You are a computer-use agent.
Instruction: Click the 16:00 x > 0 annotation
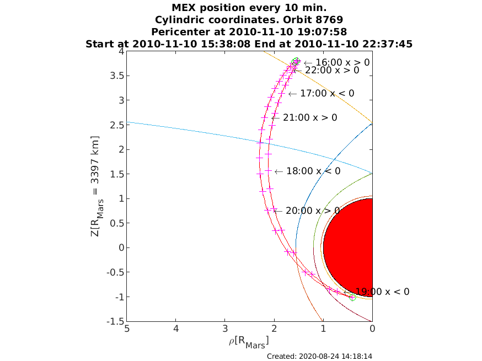[x=336, y=62]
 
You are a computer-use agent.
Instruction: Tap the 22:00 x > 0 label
[x=325, y=71]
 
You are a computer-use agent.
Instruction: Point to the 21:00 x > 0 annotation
[x=304, y=118]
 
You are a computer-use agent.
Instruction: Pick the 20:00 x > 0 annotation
[x=307, y=211]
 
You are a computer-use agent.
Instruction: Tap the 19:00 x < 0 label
[x=377, y=292]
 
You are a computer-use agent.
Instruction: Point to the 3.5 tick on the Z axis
[x=117, y=76]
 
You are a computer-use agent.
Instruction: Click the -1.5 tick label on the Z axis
[x=115, y=321]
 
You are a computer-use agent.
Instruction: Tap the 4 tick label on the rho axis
[x=176, y=328]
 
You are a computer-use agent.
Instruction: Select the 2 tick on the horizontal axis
[x=274, y=328]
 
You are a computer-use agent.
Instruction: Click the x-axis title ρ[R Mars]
[x=249, y=342]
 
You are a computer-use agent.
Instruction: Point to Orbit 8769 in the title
[x=313, y=20]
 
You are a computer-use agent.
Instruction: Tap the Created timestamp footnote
[x=319, y=356]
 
